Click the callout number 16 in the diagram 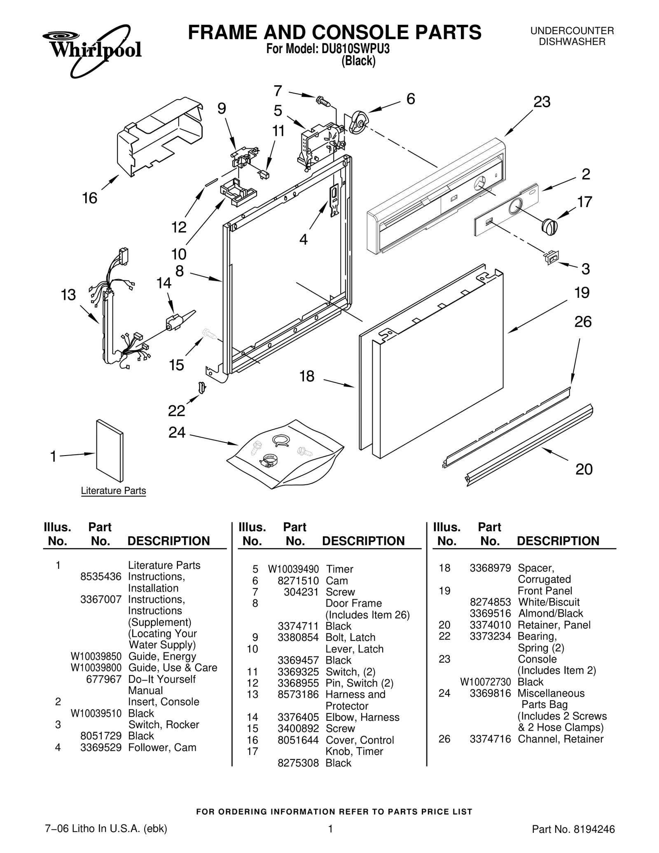pyautogui.click(x=90, y=198)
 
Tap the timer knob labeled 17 pyautogui.click(x=549, y=226)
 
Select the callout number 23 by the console pyautogui.click(x=542, y=102)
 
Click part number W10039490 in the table pyautogui.click(x=293, y=569)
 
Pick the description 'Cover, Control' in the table pyautogui.click(x=360, y=740)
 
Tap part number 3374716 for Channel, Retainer pyautogui.click(x=490, y=739)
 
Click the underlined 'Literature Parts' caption pyautogui.click(x=113, y=491)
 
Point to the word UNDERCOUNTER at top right pyautogui.click(x=572, y=31)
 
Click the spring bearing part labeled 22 pyautogui.click(x=202, y=387)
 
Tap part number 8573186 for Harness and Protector pyautogui.click(x=298, y=694)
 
